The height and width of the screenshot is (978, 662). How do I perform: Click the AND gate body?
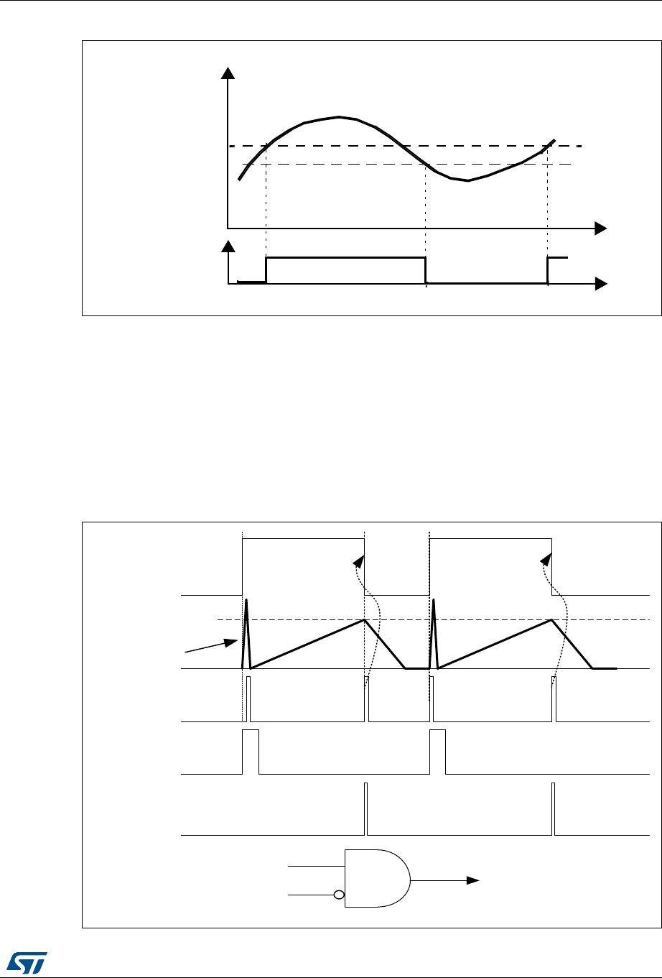tap(375, 879)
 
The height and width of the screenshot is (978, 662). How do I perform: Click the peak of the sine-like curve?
tap(338, 116)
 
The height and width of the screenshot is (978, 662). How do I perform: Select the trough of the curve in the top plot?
tap(467, 180)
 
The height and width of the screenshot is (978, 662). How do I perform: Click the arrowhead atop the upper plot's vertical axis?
tap(228, 73)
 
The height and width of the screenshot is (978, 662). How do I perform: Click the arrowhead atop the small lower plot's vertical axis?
tap(228, 246)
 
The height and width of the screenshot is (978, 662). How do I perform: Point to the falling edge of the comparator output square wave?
tap(426, 270)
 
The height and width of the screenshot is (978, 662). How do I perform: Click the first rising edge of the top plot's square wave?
tap(266, 270)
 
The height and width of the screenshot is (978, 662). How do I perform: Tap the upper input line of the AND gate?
tap(316, 867)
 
